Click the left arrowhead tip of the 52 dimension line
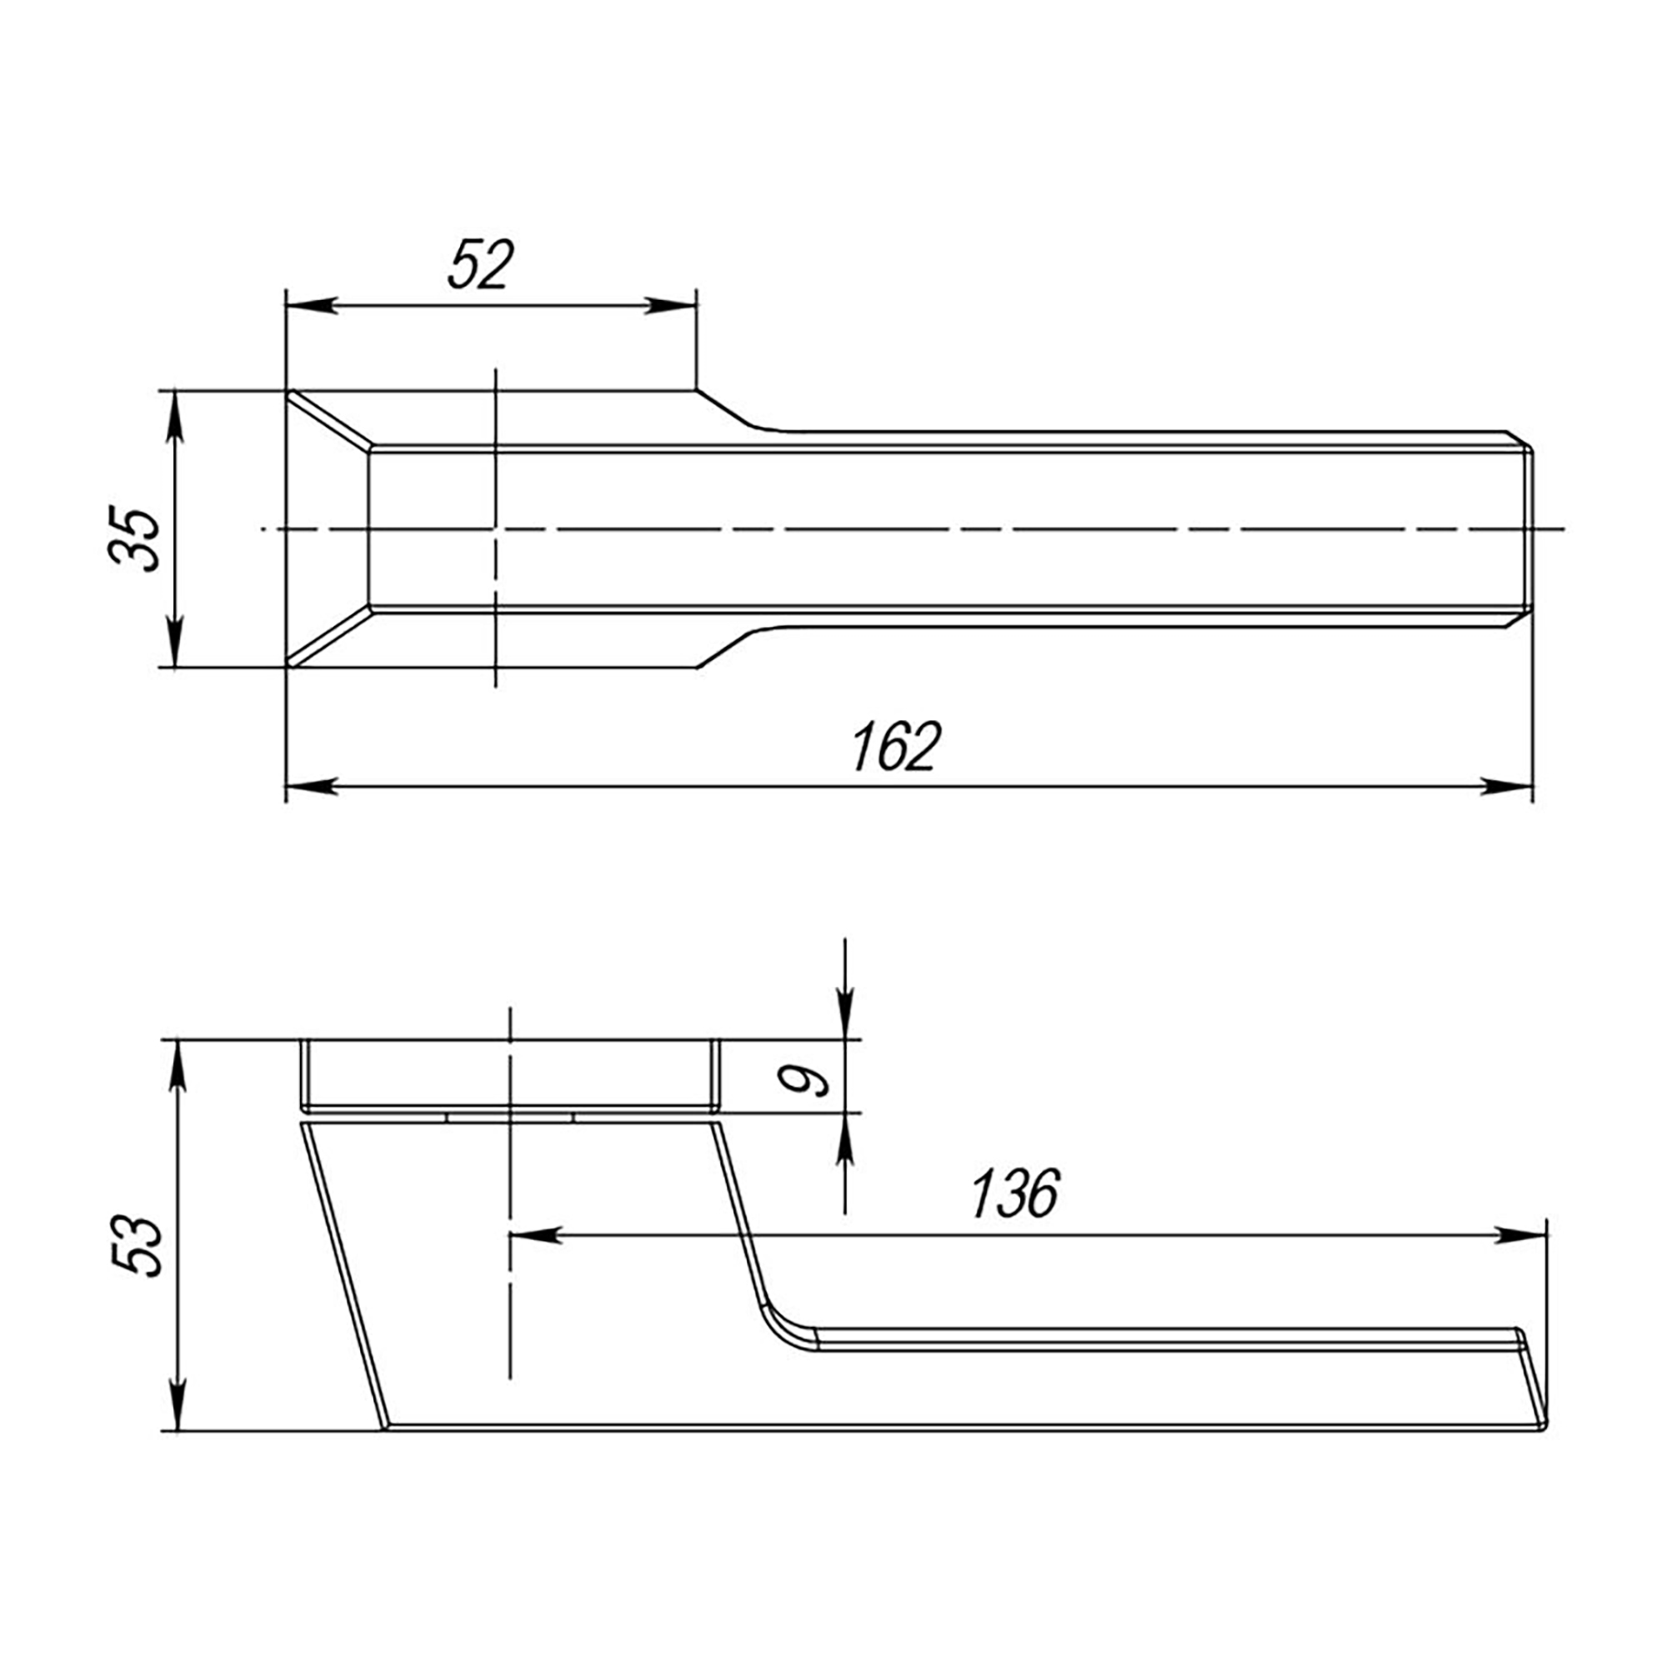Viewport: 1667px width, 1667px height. click(x=287, y=305)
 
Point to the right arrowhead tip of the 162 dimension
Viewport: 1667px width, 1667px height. click(x=1533, y=786)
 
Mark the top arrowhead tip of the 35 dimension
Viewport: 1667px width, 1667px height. click(x=175, y=392)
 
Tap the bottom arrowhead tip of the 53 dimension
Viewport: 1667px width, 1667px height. click(x=177, y=1431)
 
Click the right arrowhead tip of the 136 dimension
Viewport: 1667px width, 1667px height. click(x=1545, y=1234)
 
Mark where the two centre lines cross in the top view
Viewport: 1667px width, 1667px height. click(x=496, y=528)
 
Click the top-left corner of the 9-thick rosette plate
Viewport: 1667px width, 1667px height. click(x=301, y=1040)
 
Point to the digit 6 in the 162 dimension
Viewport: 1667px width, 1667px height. click(x=894, y=747)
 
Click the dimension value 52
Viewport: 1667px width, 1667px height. click(x=482, y=264)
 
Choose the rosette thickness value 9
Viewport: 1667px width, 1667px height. click(x=802, y=1079)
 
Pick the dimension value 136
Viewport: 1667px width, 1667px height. click(x=1014, y=1194)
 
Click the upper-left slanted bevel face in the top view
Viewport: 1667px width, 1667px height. click(x=329, y=420)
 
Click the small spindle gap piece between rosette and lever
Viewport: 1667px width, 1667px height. click(x=510, y=1118)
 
